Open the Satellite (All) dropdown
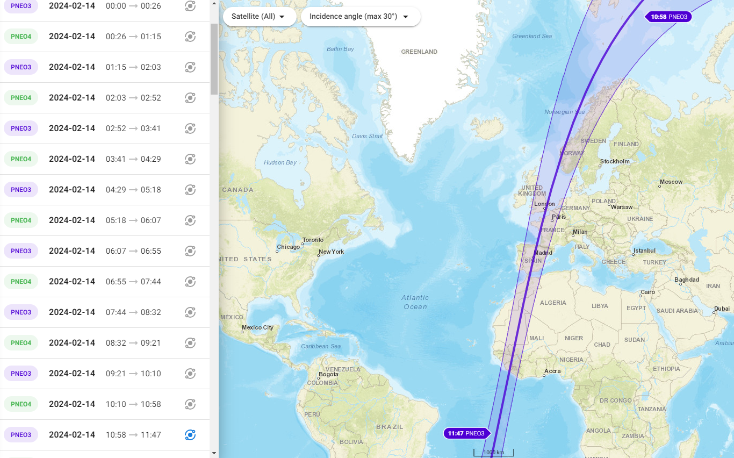click(259, 17)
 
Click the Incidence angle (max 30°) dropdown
click(360, 17)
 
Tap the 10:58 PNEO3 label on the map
click(668, 17)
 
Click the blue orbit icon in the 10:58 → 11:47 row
click(190, 435)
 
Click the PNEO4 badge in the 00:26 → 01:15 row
click(21, 37)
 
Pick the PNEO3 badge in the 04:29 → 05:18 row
click(21, 190)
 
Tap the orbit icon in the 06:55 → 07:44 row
click(190, 282)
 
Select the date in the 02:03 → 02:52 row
click(72, 98)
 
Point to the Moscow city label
click(671, 182)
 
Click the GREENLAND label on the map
click(419, 52)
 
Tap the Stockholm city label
click(615, 161)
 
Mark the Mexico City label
click(257, 327)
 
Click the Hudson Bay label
click(280, 162)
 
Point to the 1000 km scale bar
click(493, 453)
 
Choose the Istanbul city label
click(644, 251)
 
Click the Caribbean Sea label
click(321, 346)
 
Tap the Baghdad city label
click(687, 280)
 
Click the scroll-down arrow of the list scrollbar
click(214, 453)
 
